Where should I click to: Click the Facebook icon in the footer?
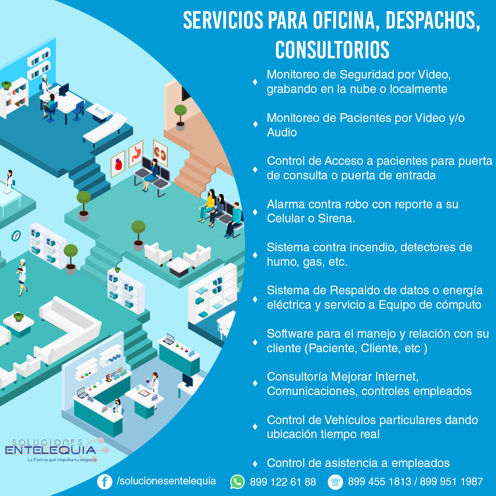coord(105,482)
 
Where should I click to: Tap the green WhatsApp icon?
coord(237,482)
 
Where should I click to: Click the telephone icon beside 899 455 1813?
coord(335,482)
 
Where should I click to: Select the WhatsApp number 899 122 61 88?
coord(283,482)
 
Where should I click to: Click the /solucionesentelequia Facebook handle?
coord(166,481)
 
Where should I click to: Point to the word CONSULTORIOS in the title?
coord(332,50)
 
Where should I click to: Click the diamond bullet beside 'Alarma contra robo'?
coord(255,212)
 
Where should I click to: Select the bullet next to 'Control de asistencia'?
coord(255,463)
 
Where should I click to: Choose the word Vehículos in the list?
coord(350,420)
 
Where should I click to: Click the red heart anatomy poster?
coord(118,164)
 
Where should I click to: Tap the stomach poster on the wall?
coord(136,154)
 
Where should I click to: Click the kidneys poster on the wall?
coord(160,151)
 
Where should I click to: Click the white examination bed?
coord(106,129)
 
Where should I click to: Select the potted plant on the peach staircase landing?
coord(180,117)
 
